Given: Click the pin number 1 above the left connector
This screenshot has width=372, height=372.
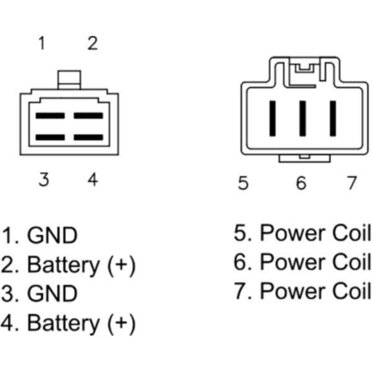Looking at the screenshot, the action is click(42, 43).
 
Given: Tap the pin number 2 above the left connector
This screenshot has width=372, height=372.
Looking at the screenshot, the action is click(92, 43).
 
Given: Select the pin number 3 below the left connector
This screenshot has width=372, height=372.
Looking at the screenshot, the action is click(43, 179).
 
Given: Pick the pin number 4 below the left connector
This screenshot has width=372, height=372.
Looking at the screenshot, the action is click(93, 179).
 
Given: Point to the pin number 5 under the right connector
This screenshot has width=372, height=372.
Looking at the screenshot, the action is click(243, 183).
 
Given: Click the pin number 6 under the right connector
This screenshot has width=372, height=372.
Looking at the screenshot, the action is click(301, 183).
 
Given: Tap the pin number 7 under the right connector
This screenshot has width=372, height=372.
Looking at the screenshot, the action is click(352, 183).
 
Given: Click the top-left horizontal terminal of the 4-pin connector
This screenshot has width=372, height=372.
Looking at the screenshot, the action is click(50, 115).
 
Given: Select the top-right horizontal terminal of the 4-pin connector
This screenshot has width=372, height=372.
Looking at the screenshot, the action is click(88, 115).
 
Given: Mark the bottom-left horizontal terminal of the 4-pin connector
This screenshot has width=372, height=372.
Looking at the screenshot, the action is click(50, 138).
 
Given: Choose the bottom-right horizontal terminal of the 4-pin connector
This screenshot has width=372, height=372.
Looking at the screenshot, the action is click(88, 138).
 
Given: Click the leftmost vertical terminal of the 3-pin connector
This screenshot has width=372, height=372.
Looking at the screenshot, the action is click(273, 118).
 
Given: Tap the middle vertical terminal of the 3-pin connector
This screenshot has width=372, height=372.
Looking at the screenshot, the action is click(303, 118).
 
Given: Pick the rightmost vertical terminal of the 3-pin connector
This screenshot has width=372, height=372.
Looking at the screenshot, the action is click(333, 118).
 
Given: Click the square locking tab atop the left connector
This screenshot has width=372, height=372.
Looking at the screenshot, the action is click(69, 80).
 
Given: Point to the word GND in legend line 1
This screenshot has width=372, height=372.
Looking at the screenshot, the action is click(53, 235).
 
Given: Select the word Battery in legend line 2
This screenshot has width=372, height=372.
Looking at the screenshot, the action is click(63, 265).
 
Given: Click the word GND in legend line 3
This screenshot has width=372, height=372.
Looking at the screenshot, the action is click(53, 293).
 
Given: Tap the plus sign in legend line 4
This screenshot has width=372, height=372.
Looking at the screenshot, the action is click(121, 323).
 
